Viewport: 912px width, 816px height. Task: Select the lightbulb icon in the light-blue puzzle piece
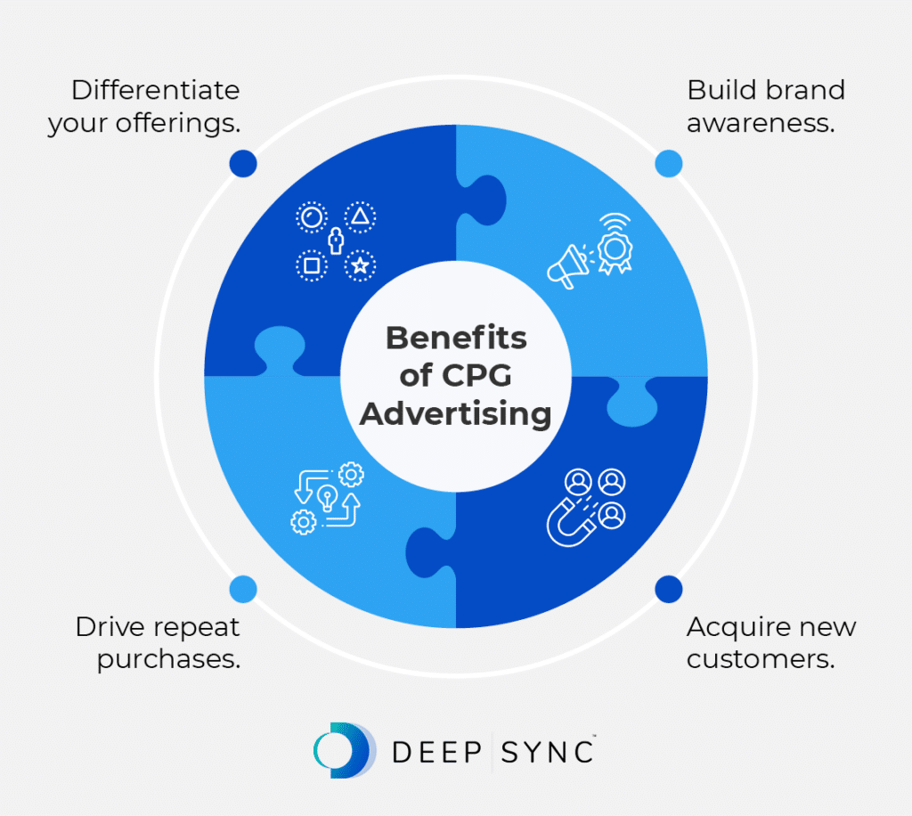(327, 496)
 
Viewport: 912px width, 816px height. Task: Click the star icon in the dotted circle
(360, 265)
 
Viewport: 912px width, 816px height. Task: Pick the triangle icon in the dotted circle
(360, 216)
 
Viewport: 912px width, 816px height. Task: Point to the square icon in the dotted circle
(311, 265)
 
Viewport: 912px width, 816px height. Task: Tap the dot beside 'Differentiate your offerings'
(242, 163)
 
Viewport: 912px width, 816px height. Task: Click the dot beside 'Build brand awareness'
(669, 163)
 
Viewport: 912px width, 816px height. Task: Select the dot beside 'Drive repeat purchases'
(242, 589)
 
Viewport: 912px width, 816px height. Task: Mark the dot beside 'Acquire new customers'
(669, 589)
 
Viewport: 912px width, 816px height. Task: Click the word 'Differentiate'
(156, 90)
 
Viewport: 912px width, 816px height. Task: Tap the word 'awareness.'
(761, 123)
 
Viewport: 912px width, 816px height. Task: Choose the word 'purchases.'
(169, 660)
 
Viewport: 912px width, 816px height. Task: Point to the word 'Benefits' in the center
(456, 339)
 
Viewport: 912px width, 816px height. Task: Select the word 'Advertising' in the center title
(456, 414)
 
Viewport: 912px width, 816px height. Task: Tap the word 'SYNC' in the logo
(548, 752)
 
